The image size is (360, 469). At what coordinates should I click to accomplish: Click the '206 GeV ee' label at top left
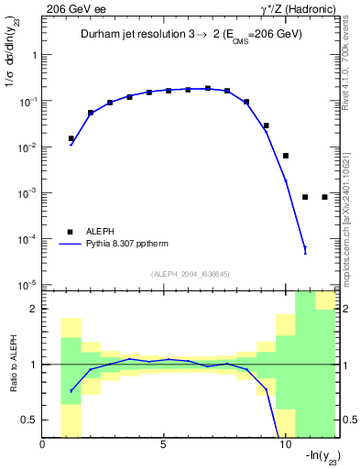click(x=73, y=8)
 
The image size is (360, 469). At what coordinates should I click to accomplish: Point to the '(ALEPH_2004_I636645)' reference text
click(x=191, y=273)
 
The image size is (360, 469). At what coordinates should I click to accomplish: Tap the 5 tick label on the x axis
click(x=164, y=446)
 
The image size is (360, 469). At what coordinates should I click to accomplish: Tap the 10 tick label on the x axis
click(x=284, y=446)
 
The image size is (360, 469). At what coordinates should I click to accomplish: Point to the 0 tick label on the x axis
click(x=43, y=446)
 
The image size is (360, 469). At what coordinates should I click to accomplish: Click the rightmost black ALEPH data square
click(x=325, y=197)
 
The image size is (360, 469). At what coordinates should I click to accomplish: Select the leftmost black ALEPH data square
click(x=71, y=138)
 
